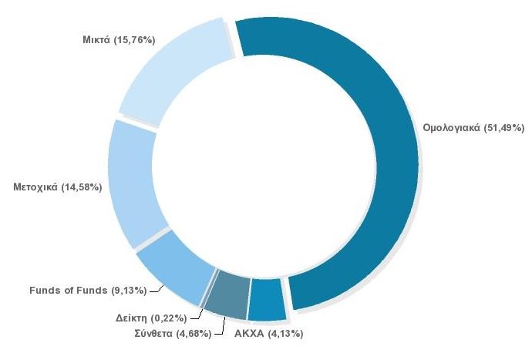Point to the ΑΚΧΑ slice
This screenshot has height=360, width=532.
(267, 300)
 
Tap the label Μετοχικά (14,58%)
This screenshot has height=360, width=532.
(58, 187)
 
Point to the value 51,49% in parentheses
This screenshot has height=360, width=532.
(504, 127)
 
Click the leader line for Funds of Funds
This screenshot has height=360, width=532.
(157, 289)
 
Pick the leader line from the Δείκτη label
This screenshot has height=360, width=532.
(197, 314)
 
